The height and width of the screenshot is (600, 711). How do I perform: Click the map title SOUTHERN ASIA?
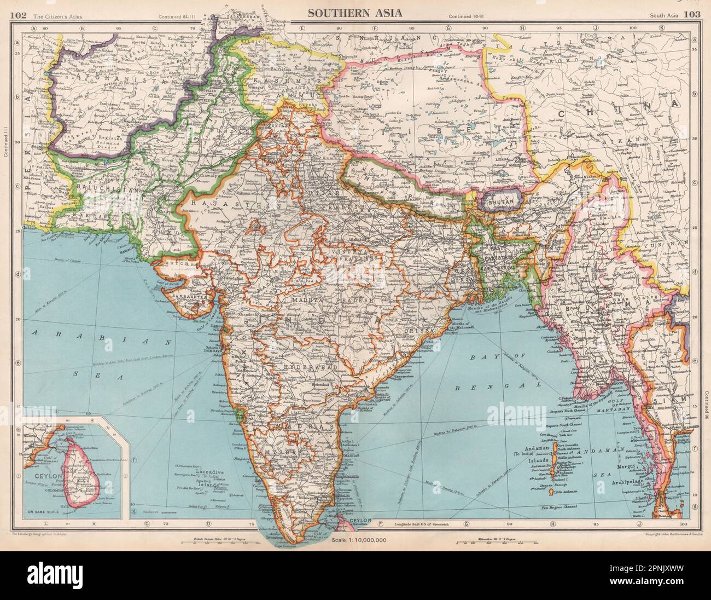click(x=356, y=13)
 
